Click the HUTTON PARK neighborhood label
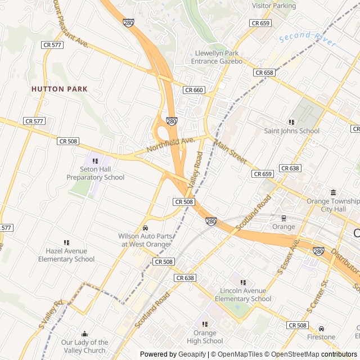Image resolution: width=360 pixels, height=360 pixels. click(x=60, y=89)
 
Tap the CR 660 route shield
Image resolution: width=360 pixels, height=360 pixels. click(x=194, y=90)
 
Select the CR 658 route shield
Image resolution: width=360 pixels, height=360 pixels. click(x=264, y=73)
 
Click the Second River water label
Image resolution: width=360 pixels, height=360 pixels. click(x=307, y=39)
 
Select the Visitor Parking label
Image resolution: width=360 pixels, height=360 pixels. click(x=274, y=6)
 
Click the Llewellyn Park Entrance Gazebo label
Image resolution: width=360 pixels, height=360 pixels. click(x=217, y=57)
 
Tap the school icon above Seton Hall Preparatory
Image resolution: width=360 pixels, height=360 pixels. click(x=96, y=161)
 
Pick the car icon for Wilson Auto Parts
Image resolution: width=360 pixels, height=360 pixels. click(x=145, y=228)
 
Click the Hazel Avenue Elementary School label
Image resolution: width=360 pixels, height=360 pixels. click(x=66, y=255)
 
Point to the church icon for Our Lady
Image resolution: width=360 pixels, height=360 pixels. click(x=85, y=334)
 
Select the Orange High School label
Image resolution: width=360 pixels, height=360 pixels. click(x=205, y=336)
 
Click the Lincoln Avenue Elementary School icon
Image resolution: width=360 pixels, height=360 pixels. click(x=243, y=282)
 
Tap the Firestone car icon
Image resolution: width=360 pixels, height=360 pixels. click(x=321, y=328)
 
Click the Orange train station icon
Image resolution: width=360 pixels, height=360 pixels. click(x=283, y=218)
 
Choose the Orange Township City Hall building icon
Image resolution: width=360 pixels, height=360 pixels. click(x=333, y=192)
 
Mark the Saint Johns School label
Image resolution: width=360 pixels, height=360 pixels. click(x=291, y=131)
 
